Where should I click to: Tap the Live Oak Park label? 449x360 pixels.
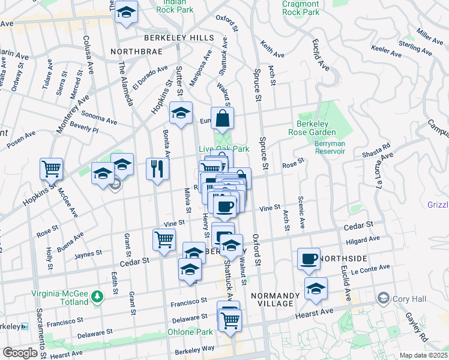[x=223, y=149]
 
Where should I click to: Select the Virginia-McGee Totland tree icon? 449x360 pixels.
[x=96, y=295]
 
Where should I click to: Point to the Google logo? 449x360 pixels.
[x=20, y=352]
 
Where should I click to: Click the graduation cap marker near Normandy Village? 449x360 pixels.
[x=316, y=289]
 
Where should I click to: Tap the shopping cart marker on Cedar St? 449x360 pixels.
[x=164, y=239]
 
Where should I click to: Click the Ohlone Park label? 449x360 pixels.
[x=189, y=332]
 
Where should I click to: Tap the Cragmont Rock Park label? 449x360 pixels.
[x=300, y=8]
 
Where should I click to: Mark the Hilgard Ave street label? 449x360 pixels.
[x=363, y=239]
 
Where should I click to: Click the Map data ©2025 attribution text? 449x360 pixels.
[x=423, y=355]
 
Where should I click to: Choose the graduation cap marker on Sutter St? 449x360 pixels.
[x=180, y=112]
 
